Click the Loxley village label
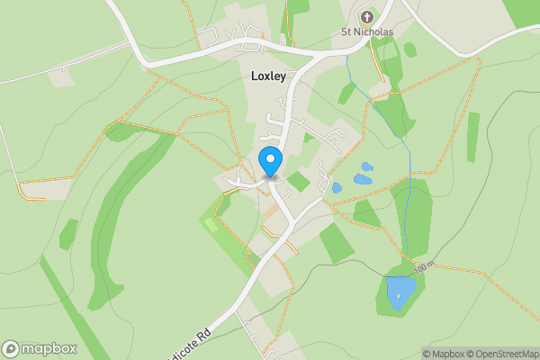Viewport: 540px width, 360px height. click(x=267, y=76)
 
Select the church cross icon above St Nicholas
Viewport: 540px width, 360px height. click(x=367, y=16)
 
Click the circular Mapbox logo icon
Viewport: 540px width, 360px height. click(x=12, y=348)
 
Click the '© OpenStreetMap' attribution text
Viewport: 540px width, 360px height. click(x=505, y=354)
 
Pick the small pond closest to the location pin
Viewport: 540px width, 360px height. click(x=337, y=188)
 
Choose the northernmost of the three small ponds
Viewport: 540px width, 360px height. click(x=365, y=166)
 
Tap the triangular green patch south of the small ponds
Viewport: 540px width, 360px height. click(x=365, y=214)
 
